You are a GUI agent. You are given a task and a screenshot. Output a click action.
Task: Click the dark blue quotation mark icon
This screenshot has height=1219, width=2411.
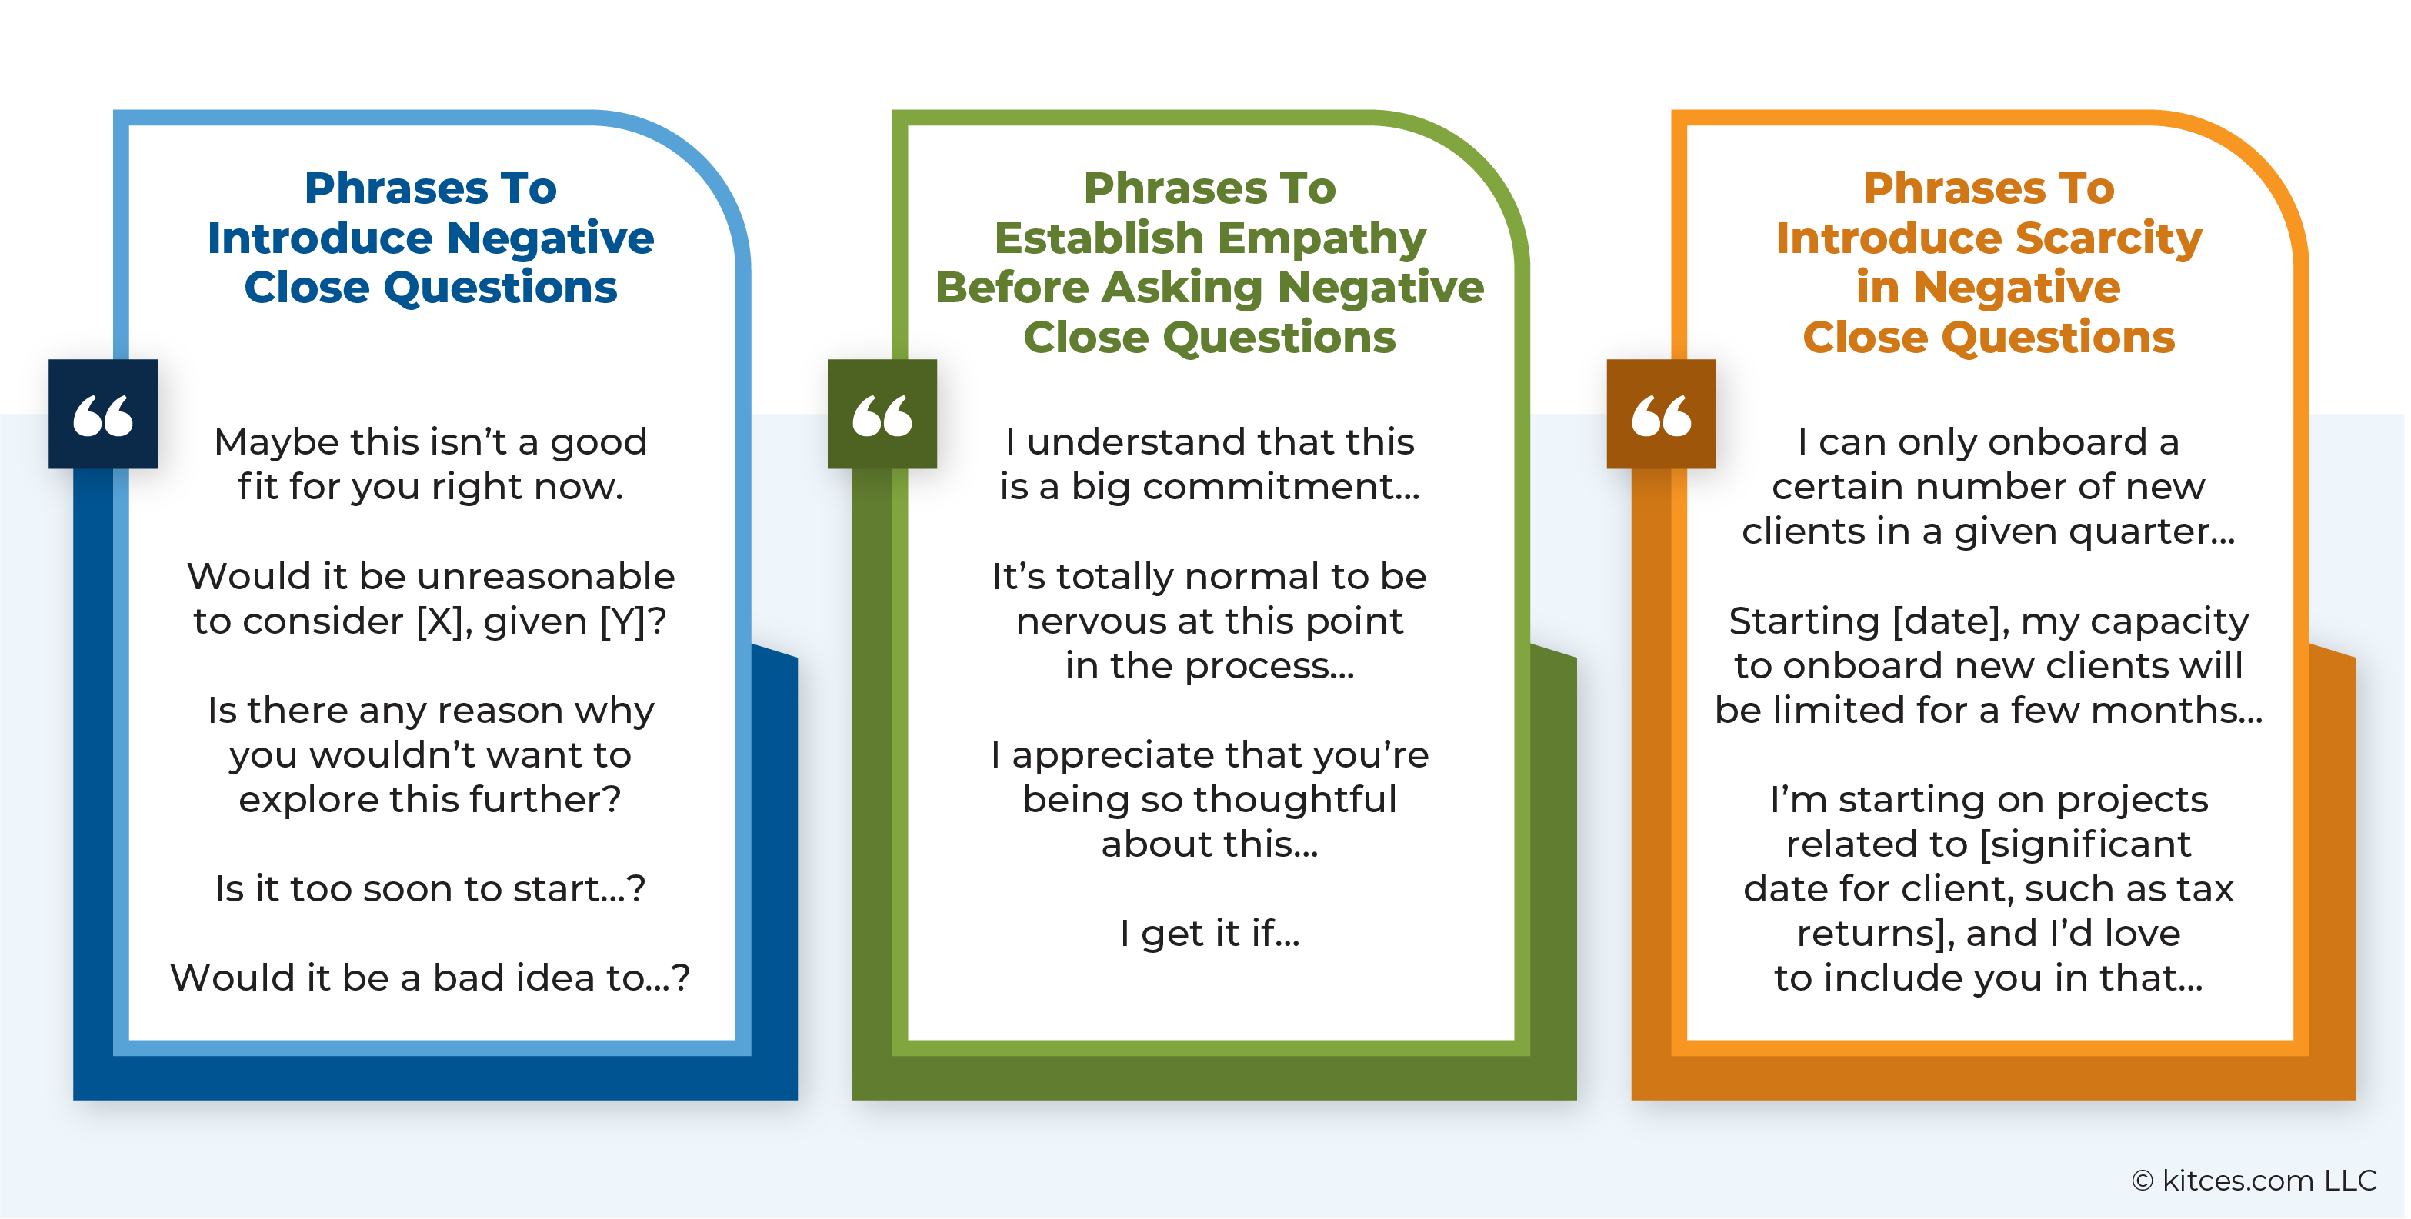(x=103, y=414)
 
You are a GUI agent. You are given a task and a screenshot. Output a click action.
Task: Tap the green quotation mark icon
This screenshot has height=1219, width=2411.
(x=882, y=414)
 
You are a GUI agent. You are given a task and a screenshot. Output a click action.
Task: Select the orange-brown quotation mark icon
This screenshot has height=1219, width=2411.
(x=1661, y=414)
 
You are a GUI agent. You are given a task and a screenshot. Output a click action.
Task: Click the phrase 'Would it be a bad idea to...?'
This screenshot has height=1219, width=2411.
(x=431, y=977)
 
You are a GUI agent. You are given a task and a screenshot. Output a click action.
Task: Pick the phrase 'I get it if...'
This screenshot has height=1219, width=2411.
(x=1209, y=933)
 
